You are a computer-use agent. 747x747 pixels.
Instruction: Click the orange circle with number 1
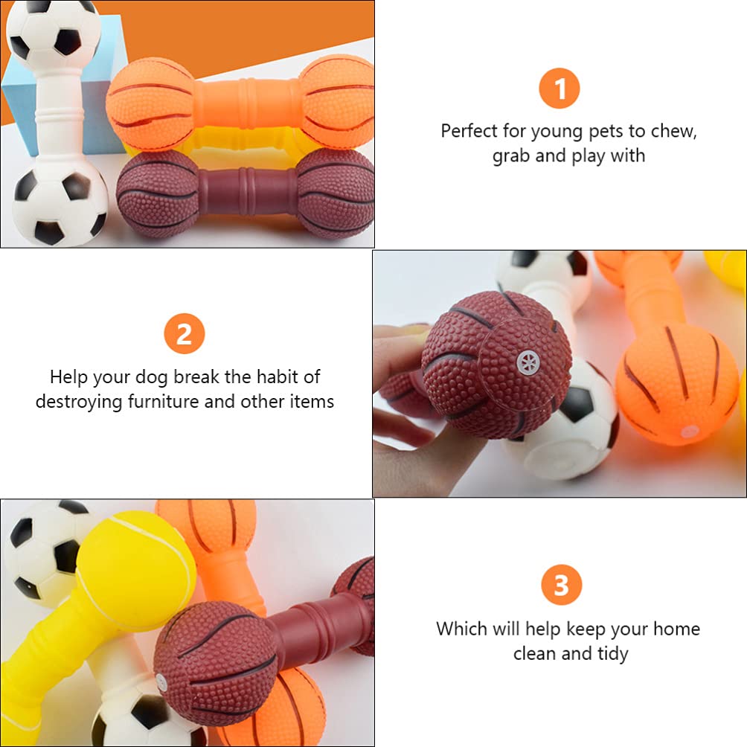tap(560, 89)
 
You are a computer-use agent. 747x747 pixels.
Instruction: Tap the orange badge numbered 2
tap(184, 334)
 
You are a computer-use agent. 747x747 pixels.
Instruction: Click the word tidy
tap(612, 653)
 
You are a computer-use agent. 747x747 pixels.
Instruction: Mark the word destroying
tap(79, 401)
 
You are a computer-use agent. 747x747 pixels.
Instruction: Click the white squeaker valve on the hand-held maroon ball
tap(528, 363)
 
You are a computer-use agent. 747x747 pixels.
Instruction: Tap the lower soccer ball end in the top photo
tap(60, 202)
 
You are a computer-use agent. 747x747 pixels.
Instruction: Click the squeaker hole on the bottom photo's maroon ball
tap(161, 679)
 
